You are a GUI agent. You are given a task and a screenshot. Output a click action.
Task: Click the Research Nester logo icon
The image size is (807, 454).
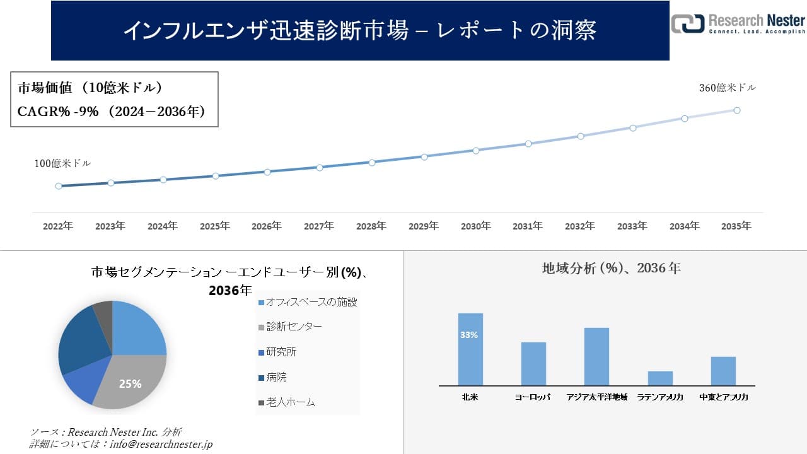click(688, 23)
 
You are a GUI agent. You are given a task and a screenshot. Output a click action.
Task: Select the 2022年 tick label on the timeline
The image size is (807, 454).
click(58, 226)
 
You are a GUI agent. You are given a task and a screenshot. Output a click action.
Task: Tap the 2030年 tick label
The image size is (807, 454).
click(475, 226)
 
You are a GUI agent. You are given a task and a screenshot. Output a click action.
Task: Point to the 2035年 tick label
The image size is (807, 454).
click(736, 226)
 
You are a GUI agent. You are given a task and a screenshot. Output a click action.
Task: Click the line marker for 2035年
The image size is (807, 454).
click(736, 110)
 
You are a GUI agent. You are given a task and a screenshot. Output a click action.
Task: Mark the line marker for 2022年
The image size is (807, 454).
click(59, 186)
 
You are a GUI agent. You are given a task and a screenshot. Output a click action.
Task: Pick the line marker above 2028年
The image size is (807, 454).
click(372, 162)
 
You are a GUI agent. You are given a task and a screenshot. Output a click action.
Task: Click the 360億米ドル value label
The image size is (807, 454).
click(727, 88)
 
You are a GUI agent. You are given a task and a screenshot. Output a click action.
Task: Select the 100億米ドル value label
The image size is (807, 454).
click(62, 163)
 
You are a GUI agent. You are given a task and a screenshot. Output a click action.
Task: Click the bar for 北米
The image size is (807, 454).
click(470, 349)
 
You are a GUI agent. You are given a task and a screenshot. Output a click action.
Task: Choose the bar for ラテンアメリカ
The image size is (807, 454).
click(660, 378)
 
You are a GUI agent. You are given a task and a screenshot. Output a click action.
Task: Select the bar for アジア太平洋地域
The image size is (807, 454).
click(596, 356)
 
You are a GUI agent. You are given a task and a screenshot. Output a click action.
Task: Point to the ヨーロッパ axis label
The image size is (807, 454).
click(533, 397)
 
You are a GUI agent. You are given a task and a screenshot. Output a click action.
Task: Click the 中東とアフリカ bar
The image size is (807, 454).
click(723, 371)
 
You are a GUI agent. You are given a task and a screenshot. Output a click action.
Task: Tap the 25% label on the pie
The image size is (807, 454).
click(131, 383)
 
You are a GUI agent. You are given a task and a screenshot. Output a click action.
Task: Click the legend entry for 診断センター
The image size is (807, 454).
click(290, 327)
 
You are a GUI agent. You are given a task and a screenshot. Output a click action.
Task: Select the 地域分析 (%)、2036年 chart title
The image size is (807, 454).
click(611, 268)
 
